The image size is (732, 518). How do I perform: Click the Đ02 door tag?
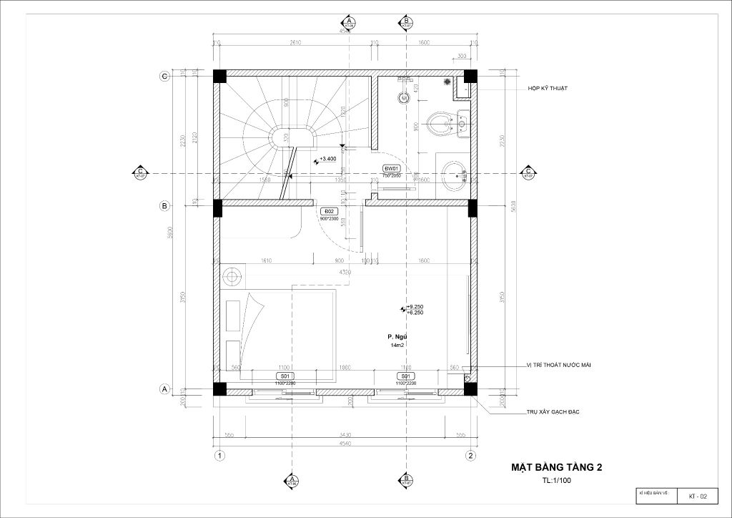coord(330,212)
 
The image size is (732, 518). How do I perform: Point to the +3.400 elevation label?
coord(328,160)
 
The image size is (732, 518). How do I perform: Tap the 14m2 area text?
coord(397,345)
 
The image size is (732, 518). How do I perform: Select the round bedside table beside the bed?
coord(231,275)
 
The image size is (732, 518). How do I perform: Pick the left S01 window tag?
coord(285,376)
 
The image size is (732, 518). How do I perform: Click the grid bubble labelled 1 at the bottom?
coord(221,455)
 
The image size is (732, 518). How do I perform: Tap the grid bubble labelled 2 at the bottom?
coord(470,455)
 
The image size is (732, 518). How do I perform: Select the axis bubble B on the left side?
coord(164,207)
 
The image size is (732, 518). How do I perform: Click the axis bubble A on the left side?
coord(164,389)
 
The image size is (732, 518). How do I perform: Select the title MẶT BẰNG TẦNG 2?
coord(556,467)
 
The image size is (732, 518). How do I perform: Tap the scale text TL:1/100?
coord(557,481)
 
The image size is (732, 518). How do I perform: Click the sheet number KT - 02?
coord(698,496)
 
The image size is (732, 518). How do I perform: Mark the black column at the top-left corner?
coord(219,76)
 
